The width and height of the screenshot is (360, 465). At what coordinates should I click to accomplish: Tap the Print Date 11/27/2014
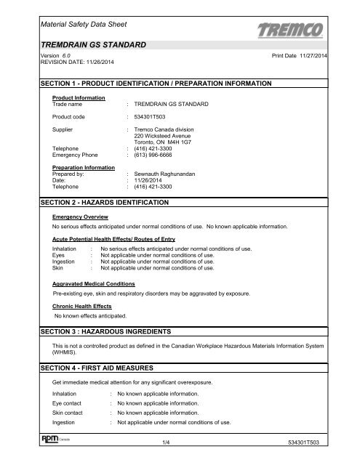click(x=300, y=55)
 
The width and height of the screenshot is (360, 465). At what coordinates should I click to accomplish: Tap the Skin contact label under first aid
click(x=71, y=412)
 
